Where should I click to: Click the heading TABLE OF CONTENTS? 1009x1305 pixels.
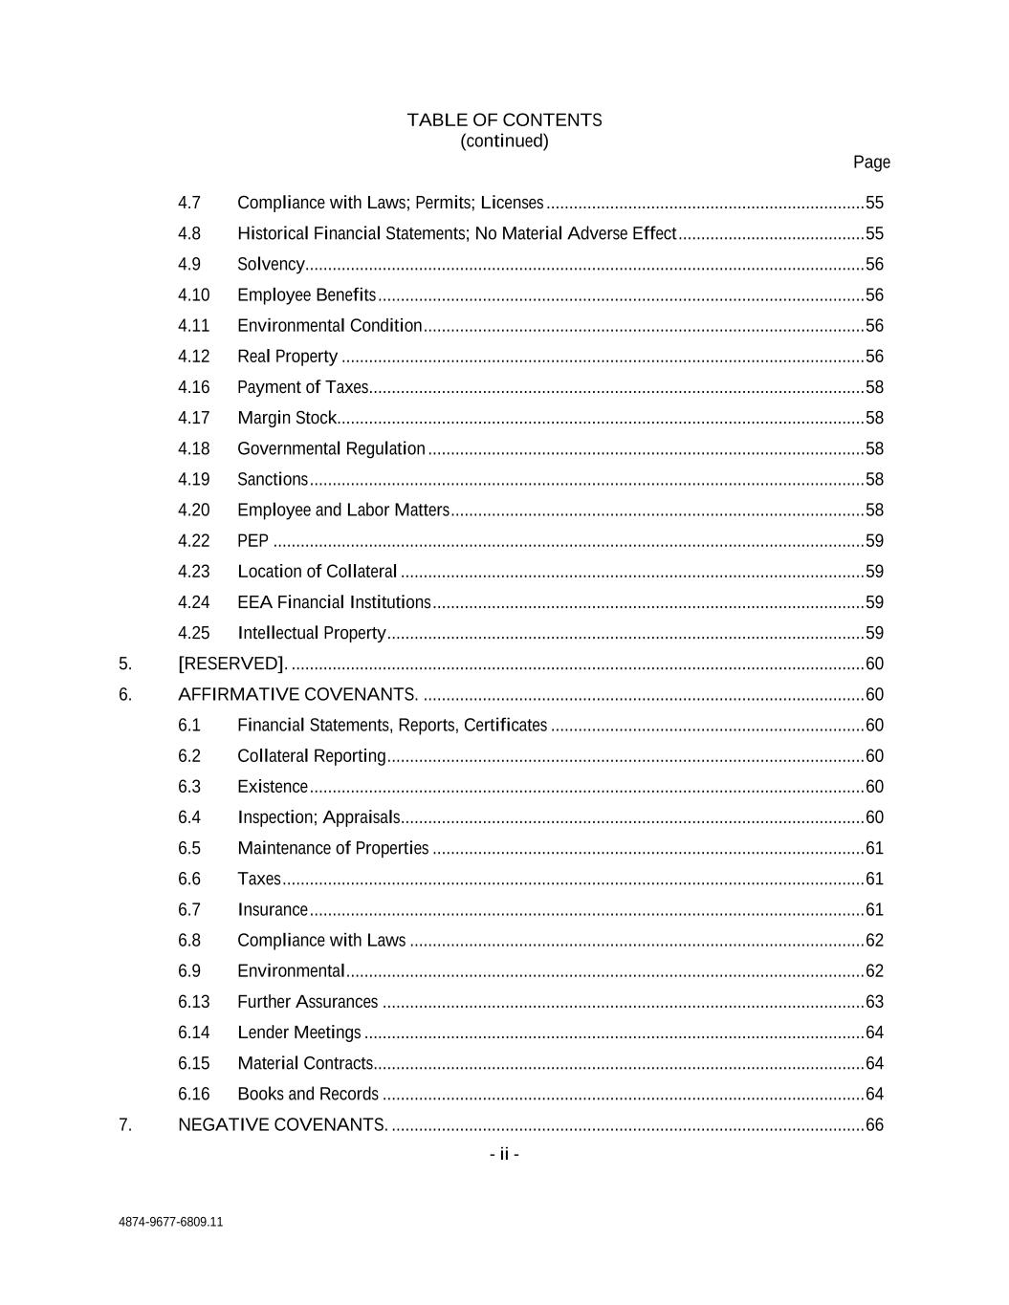[504, 120]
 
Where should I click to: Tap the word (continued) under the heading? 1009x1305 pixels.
[504, 141]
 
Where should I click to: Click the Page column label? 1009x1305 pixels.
[871, 163]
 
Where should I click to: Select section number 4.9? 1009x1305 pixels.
[189, 265]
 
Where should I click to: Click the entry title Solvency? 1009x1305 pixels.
[271, 265]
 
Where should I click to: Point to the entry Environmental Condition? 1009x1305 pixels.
[330, 326]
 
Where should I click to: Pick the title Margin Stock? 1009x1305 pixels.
[287, 418]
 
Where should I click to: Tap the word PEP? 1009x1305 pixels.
[252, 541]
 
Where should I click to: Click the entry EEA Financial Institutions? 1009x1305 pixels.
[334, 602]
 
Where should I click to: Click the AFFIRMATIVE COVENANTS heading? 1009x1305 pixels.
[297, 694]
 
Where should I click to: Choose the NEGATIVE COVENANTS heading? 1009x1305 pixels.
[283, 1124]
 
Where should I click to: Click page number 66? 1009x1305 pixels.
[874, 1124]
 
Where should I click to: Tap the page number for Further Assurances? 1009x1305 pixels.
[874, 1002]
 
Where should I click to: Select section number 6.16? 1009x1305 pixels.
[193, 1094]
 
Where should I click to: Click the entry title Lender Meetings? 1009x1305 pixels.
[299, 1033]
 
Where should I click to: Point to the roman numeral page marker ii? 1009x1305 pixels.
[504, 1154]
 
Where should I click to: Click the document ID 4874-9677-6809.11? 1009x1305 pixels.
[171, 1222]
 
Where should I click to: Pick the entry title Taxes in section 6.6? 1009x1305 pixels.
[259, 879]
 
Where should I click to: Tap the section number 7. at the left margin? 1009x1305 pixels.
[125, 1124]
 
